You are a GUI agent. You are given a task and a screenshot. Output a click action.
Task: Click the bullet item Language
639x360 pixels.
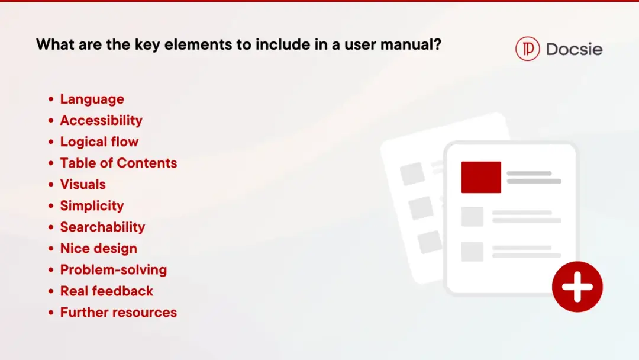tap(92, 99)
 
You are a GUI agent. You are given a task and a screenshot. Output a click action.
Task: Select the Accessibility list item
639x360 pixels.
tap(102, 120)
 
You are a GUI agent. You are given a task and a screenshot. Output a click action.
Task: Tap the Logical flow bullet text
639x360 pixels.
tap(99, 142)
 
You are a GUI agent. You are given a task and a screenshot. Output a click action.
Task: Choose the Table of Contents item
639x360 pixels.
tap(118, 163)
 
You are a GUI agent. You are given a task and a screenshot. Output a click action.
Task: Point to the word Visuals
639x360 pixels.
tap(83, 184)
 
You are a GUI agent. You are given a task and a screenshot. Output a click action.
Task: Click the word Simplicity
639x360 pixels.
tap(92, 205)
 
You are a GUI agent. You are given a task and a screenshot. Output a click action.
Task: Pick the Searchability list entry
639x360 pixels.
tap(103, 227)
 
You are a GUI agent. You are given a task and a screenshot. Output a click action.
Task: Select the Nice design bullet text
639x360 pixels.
tap(99, 248)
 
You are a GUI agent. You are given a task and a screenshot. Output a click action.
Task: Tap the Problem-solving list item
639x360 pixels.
tap(114, 269)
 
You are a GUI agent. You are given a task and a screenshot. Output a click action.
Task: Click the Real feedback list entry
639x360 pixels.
tap(106, 291)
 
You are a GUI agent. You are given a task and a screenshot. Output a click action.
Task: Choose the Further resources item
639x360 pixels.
tap(118, 312)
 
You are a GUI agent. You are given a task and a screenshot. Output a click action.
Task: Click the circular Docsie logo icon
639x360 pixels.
tap(527, 49)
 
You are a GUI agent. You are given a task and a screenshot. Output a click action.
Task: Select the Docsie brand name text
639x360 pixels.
tap(574, 49)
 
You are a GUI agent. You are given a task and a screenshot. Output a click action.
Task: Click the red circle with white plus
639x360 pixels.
tap(577, 287)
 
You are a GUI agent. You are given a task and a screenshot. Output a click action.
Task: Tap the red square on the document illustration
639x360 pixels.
tap(481, 178)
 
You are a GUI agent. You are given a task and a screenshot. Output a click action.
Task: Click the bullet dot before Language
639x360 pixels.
tap(51, 99)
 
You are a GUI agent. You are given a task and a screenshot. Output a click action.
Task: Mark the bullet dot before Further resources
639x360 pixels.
tap(51, 313)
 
